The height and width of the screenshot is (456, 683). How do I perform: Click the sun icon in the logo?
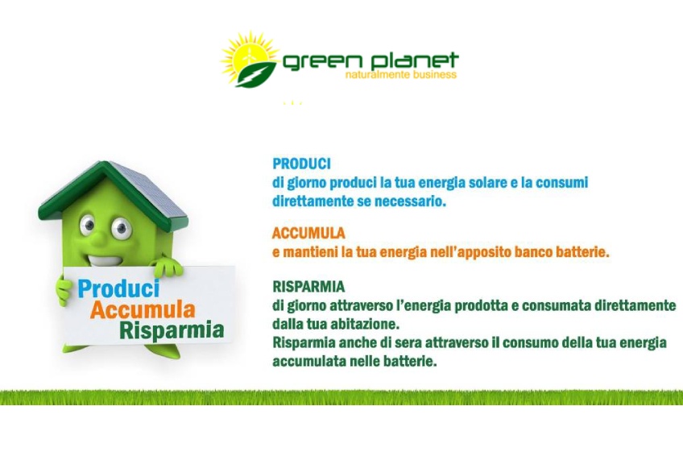(249, 56)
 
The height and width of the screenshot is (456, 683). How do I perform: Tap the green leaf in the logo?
(256, 74)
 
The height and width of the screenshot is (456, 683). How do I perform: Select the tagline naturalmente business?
(401, 74)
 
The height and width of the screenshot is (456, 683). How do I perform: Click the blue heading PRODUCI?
(301, 164)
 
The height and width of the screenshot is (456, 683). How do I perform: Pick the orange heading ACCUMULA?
(308, 234)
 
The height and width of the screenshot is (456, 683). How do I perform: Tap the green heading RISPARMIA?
(308, 287)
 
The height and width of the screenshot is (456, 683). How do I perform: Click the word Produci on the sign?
(119, 288)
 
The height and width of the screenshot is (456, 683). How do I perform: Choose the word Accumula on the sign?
(143, 309)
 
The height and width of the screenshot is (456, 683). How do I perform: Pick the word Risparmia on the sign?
(172, 330)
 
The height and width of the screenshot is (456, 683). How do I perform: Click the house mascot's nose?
(100, 238)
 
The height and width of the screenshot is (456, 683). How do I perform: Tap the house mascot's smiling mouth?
(105, 260)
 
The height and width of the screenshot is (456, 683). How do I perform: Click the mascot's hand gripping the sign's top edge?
(167, 267)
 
